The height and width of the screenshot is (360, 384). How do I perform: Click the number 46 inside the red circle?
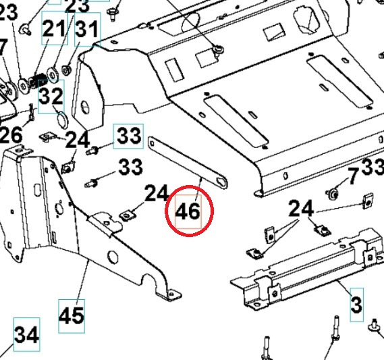click(x=188, y=211)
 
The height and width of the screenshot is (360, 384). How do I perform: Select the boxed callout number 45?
click(x=72, y=315)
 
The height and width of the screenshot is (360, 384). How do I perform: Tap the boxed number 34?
click(x=27, y=334)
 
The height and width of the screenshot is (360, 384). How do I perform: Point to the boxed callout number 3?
click(x=356, y=304)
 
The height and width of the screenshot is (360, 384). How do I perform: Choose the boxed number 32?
click(x=51, y=95)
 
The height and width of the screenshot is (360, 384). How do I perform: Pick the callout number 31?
click(x=86, y=29)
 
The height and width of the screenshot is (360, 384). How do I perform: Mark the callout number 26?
click(x=11, y=134)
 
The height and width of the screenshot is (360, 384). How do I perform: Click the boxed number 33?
click(x=128, y=136)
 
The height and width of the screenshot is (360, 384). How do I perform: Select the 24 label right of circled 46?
click(x=301, y=209)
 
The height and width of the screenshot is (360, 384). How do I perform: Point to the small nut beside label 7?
click(x=333, y=195)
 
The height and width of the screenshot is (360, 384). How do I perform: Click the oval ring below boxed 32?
click(x=59, y=122)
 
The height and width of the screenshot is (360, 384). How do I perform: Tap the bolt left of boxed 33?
click(x=96, y=150)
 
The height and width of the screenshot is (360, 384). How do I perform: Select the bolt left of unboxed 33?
click(x=94, y=182)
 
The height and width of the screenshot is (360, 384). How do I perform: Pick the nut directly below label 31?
click(x=67, y=68)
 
